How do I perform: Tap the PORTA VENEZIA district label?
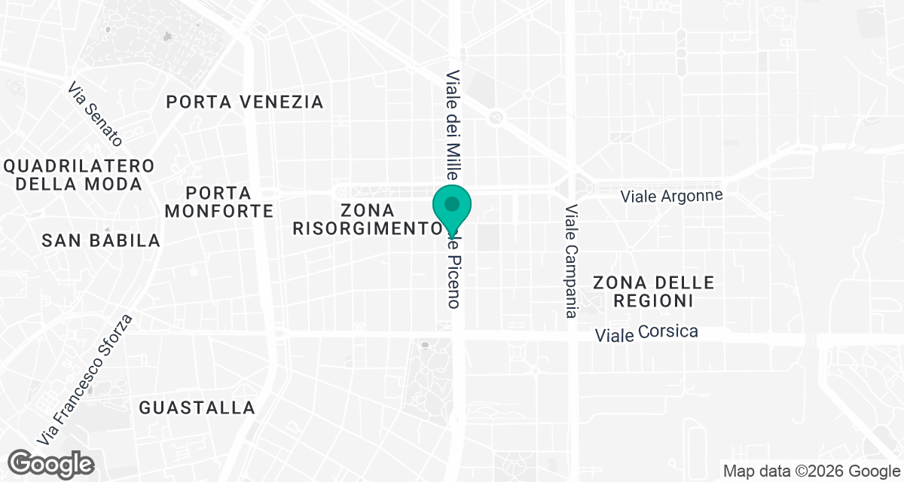coord(245,102)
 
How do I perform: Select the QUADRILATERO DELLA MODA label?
coord(78,175)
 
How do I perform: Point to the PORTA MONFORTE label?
coord(218,202)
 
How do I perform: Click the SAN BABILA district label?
coord(101,240)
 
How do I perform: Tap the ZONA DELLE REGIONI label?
coord(653,291)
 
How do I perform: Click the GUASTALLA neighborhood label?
coord(197,408)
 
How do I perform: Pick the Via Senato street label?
coord(95,114)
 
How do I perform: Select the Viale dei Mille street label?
coord(453,124)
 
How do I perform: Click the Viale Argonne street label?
coord(671,196)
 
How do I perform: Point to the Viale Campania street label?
coord(571,261)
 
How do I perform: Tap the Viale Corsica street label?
coord(646,333)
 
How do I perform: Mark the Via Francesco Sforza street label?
coord(87,378)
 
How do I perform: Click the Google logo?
coord(50,462)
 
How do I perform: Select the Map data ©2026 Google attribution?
coord(811,471)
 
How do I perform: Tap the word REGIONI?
coord(653,300)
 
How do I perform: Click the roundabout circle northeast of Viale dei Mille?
coord(496,117)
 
